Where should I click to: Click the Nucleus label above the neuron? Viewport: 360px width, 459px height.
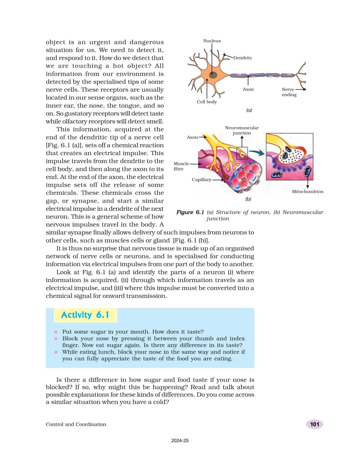212,41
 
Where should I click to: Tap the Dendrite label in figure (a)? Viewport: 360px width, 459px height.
243,58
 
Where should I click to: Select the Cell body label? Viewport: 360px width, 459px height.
207,102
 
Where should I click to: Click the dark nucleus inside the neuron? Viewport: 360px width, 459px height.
213,75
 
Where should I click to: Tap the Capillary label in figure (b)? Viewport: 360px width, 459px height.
201,180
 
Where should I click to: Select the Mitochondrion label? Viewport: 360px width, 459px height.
307,192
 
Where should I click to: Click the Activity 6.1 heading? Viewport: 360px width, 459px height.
85,315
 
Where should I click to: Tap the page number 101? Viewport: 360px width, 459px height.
314,424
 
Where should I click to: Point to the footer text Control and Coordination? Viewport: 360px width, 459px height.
76,424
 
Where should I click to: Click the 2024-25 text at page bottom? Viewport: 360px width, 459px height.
180,440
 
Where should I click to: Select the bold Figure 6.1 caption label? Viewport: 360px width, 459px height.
190,212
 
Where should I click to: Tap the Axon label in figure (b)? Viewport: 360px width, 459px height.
192,137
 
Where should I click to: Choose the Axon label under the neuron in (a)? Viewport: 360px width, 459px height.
248,89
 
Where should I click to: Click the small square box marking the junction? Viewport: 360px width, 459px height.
242,153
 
